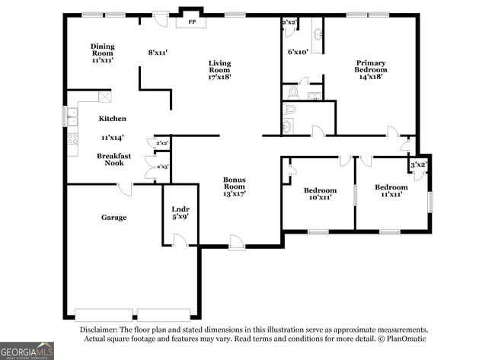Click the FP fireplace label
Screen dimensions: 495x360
192,22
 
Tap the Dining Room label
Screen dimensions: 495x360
103,49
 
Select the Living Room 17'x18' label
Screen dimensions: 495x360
220,70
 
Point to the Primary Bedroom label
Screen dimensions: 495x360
371,66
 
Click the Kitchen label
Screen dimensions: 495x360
113,118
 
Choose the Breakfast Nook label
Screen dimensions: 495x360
114,159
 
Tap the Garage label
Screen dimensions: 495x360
114,218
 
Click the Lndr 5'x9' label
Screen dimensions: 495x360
180,213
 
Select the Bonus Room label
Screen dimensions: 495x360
235,183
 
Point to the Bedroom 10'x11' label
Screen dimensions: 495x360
320,194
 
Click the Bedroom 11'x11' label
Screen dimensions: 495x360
391,190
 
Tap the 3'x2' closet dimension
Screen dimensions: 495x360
419,164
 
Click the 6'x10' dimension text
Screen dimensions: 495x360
298,52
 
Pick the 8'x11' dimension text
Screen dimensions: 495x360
158,53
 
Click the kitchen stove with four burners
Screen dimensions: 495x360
72,139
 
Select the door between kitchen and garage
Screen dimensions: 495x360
126,190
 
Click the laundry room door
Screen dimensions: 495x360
180,240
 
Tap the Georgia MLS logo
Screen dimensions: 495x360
27,351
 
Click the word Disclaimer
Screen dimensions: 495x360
99,330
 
